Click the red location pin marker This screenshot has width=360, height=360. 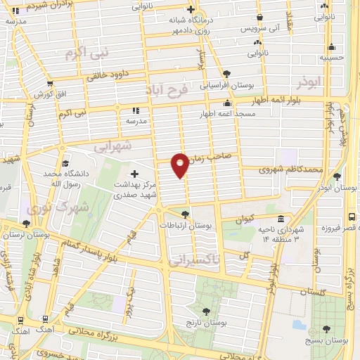[x=180, y=164]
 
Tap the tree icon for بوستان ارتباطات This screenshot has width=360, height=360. [x=185, y=214]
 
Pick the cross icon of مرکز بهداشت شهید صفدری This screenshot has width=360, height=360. [x=134, y=173]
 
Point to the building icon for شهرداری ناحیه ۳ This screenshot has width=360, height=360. [x=281, y=218]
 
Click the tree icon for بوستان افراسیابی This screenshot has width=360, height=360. [x=226, y=73]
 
